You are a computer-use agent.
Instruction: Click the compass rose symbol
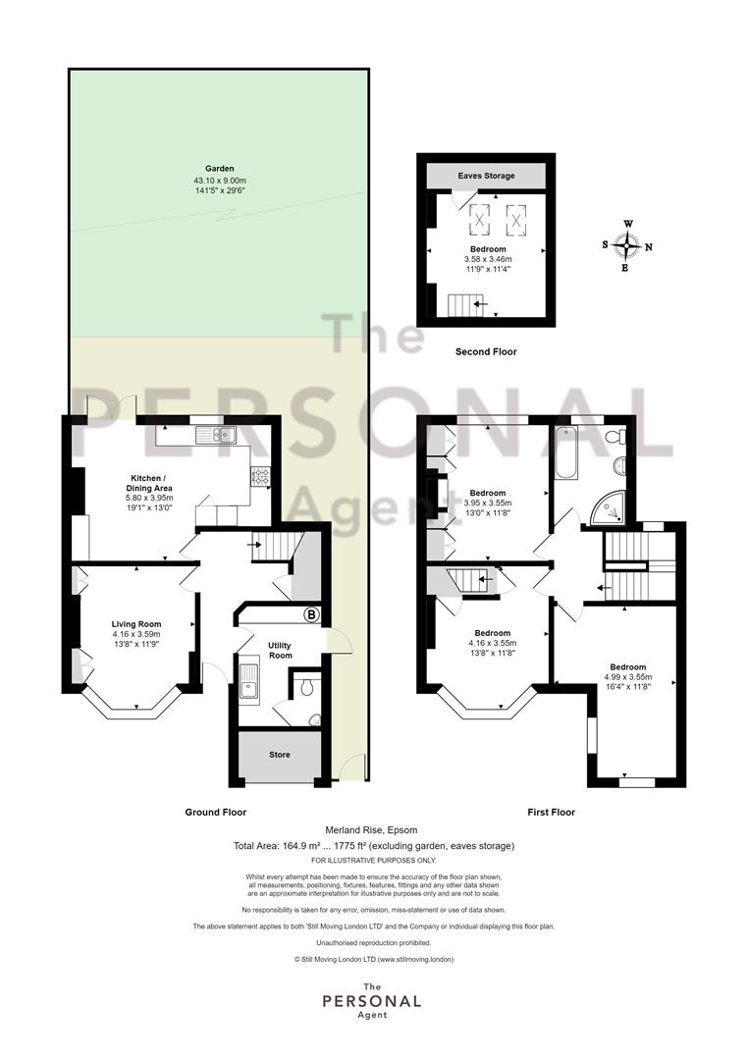(628, 246)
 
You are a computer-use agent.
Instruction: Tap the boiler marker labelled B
(311, 615)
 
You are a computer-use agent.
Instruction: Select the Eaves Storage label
(486, 176)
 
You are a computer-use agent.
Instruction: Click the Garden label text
(220, 169)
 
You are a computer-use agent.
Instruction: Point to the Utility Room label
(280, 651)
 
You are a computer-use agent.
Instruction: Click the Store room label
(279, 755)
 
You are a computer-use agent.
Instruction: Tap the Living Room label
(136, 624)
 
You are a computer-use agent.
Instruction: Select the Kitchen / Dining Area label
(149, 483)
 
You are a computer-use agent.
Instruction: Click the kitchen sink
(215, 436)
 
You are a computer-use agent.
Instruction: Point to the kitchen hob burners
(260, 477)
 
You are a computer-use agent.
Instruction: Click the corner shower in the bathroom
(608, 508)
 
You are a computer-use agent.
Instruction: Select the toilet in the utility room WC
(306, 687)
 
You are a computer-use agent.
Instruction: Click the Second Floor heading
(486, 351)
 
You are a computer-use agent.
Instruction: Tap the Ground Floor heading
(216, 812)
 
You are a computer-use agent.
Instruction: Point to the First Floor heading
(551, 812)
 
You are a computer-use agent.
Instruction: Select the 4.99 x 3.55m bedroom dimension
(628, 676)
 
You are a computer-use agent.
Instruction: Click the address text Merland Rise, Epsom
(371, 829)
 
